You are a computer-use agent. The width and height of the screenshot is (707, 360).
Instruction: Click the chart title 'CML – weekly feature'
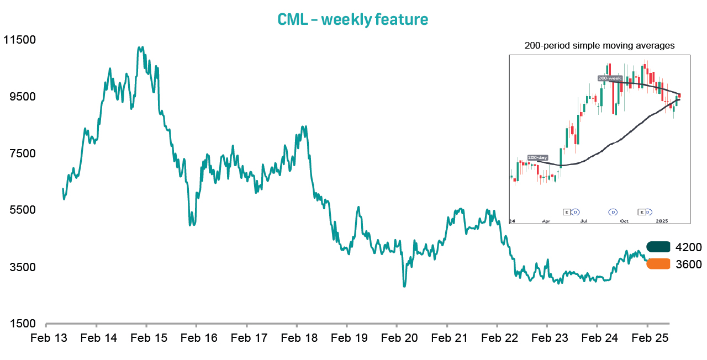point(352,19)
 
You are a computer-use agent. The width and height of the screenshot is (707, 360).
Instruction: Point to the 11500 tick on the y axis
point(19,40)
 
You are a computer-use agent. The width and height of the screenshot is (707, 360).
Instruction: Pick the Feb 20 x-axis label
point(397,338)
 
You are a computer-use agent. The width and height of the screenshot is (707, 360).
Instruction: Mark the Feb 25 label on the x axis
point(647,338)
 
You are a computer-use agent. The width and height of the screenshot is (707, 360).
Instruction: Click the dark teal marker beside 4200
point(658,247)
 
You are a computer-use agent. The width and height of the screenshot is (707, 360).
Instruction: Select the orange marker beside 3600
point(658,264)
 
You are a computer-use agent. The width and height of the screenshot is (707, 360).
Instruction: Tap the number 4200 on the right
point(688,247)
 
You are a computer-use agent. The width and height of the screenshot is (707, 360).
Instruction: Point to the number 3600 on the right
point(688,264)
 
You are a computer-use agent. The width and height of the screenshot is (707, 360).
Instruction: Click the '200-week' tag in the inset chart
point(610,78)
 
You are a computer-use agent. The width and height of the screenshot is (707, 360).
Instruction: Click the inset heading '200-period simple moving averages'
point(599,46)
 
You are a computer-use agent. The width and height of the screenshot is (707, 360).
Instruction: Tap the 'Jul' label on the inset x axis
point(584,220)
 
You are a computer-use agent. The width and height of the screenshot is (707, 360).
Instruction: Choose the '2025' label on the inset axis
point(663,220)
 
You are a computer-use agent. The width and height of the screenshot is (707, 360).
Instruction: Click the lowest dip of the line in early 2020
point(404,286)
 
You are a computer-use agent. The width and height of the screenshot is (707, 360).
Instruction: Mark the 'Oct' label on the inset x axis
point(624,220)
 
